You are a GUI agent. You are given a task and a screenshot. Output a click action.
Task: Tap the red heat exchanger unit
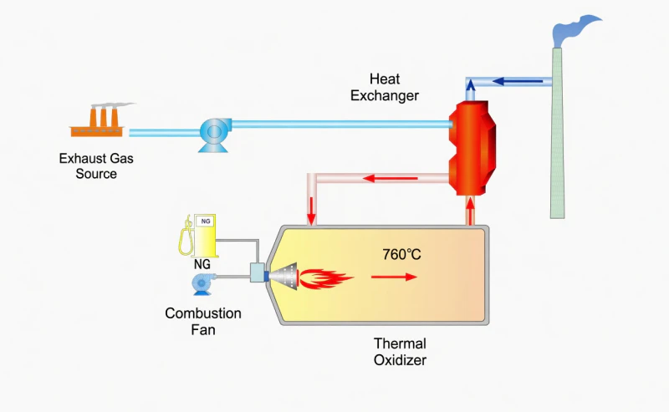(x=472, y=147)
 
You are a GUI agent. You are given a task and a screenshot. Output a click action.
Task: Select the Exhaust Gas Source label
(x=95, y=165)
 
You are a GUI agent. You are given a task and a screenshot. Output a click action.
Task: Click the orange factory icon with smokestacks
(x=98, y=122)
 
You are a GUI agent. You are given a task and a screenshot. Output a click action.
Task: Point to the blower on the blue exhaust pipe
(x=214, y=133)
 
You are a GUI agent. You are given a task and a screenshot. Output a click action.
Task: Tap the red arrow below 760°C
(x=400, y=276)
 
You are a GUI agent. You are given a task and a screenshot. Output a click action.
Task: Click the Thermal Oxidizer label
(x=400, y=352)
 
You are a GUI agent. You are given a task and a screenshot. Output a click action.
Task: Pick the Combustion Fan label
(x=203, y=322)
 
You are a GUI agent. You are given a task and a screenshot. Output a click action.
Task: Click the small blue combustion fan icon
(x=202, y=284)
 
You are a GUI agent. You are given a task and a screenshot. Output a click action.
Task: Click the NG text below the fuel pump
(x=202, y=263)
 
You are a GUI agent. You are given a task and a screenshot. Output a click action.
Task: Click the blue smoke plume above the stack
(x=575, y=31)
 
